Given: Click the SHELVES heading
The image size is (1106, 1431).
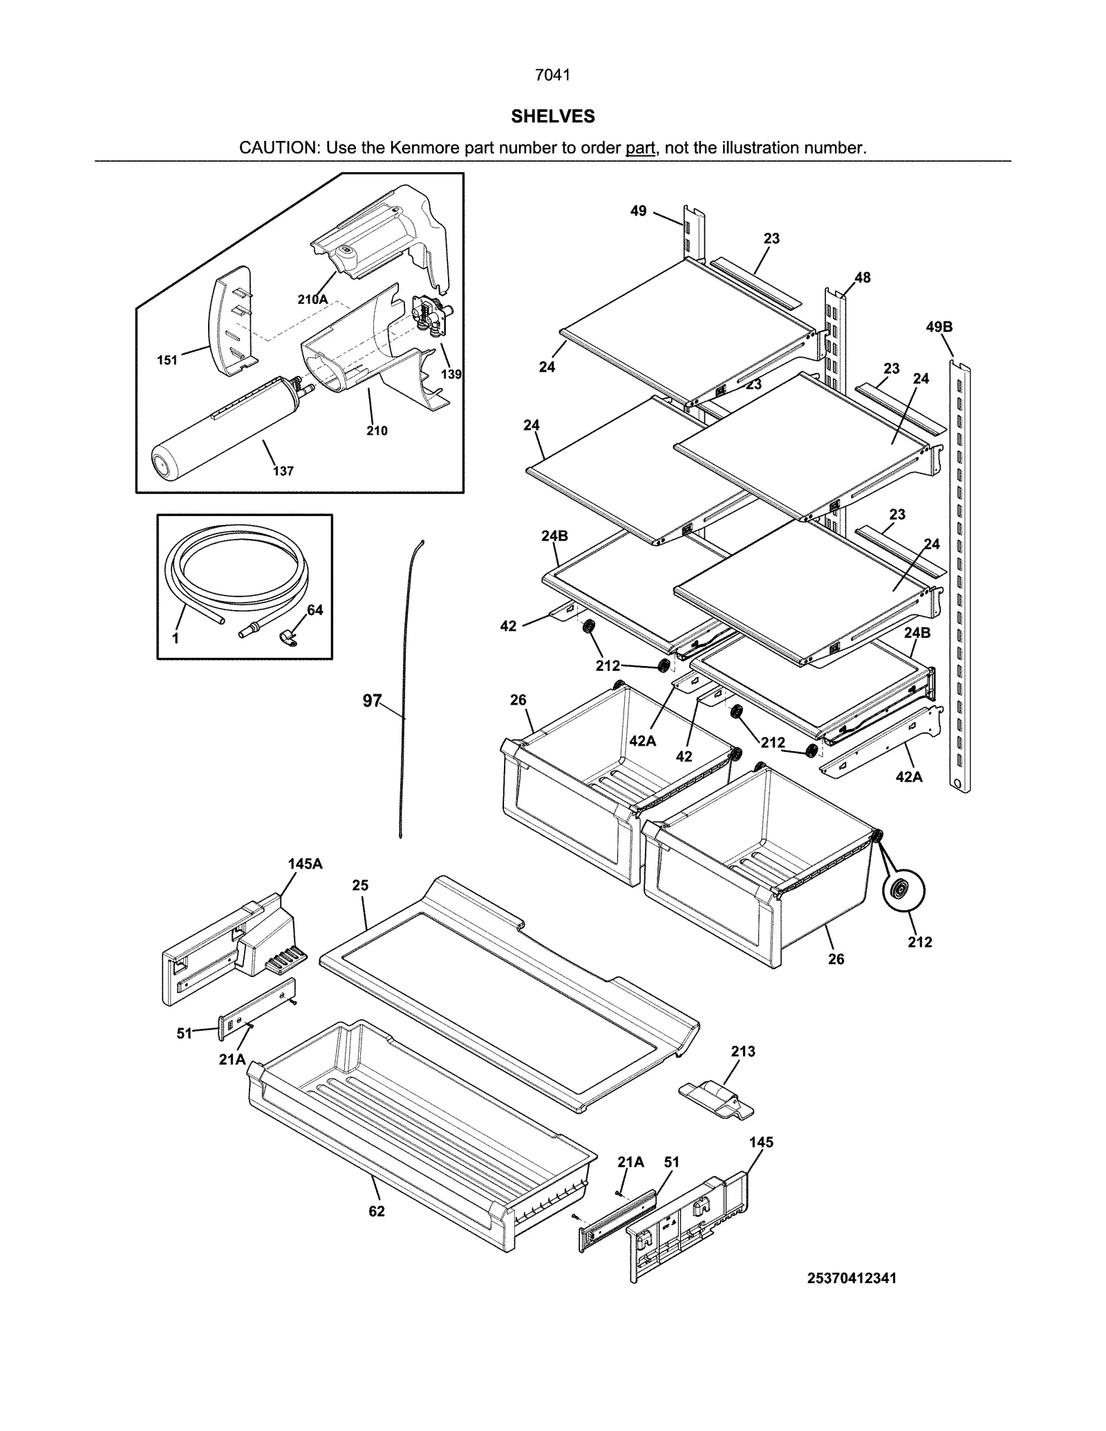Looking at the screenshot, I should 552,117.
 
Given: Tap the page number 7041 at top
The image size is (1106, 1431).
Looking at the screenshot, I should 552,75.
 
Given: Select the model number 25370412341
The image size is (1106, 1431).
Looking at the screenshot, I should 852,1278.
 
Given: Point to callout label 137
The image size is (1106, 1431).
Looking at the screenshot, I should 283,471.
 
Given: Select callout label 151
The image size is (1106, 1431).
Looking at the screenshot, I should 167,360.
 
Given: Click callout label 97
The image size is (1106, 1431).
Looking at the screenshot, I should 372,701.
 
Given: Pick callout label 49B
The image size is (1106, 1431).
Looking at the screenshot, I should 939,327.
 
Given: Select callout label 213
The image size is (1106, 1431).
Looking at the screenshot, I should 743,1052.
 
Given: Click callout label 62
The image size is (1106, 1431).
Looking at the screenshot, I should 377,1211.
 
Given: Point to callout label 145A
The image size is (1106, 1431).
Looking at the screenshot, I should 305,864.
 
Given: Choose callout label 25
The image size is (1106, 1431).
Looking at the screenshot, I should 360,885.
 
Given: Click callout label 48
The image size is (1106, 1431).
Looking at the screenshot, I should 862,278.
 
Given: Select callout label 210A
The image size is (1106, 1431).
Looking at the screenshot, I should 312,299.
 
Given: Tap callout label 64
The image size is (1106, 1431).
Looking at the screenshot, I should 315,610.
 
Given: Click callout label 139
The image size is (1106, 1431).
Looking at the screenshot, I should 451,375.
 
